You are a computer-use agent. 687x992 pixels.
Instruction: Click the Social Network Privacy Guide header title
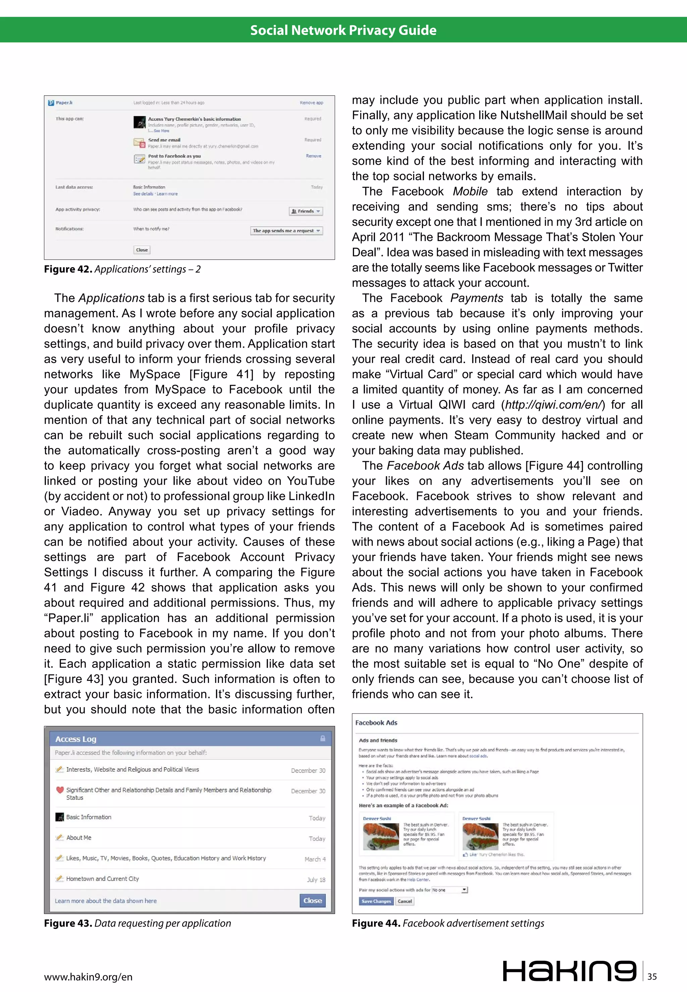pyautogui.click(x=343, y=30)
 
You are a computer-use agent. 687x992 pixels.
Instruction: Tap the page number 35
pyautogui.click(x=652, y=977)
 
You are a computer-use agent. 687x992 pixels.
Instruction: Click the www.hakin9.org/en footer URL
pyautogui.click(x=88, y=977)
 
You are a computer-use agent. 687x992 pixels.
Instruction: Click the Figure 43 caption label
pyautogui.click(x=68, y=923)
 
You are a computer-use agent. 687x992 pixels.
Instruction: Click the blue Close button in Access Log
pyautogui.click(x=313, y=900)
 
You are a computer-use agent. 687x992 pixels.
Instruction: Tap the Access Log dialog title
pyautogui.click(x=76, y=739)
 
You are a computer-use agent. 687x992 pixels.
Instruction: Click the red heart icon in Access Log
pyautogui.click(x=60, y=790)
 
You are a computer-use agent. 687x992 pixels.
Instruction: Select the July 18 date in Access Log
pyautogui.click(x=316, y=880)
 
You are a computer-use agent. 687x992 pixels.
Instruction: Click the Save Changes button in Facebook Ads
pyautogui.click(x=376, y=901)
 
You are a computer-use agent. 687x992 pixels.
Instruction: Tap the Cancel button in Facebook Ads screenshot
pyautogui.click(x=405, y=901)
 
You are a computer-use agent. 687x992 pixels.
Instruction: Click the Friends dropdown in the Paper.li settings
pyautogui.click(x=306, y=211)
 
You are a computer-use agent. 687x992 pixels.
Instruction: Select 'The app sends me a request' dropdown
pyautogui.click(x=286, y=231)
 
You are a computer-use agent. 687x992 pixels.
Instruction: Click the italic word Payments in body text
pyautogui.click(x=477, y=298)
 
